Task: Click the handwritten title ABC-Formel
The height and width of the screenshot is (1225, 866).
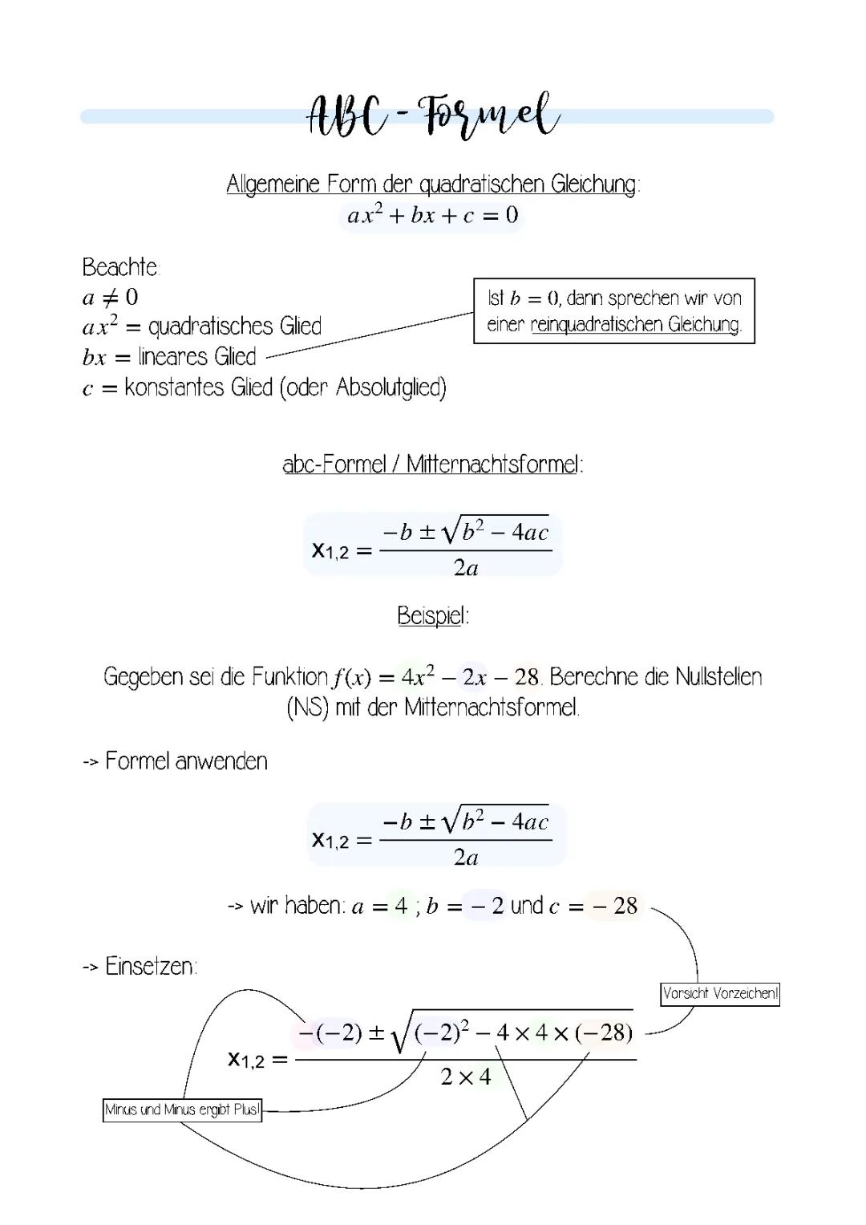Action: point(433,117)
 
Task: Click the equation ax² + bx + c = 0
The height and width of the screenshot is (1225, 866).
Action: point(432,216)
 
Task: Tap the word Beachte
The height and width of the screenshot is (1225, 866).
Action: point(121,266)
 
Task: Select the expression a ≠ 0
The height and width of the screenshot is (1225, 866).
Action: point(110,298)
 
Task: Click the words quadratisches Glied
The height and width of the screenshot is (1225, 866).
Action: point(235,327)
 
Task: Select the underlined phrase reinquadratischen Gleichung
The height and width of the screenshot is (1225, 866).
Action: point(635,325)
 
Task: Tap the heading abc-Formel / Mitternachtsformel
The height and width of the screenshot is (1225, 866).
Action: point(432,464)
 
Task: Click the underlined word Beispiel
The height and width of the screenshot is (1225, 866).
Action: point(431,616)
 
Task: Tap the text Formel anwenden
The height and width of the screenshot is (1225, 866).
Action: point(186,761)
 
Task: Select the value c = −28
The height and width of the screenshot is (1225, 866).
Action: point(594,907)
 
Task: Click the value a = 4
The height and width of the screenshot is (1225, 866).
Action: point(380,907)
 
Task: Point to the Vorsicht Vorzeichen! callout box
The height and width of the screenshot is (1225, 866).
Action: point(720,994)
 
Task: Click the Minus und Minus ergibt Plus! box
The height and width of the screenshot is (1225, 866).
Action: point(182,1110)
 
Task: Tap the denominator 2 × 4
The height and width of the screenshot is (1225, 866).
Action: point(466,1077)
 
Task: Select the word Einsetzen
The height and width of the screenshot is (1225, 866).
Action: point(150,967)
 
